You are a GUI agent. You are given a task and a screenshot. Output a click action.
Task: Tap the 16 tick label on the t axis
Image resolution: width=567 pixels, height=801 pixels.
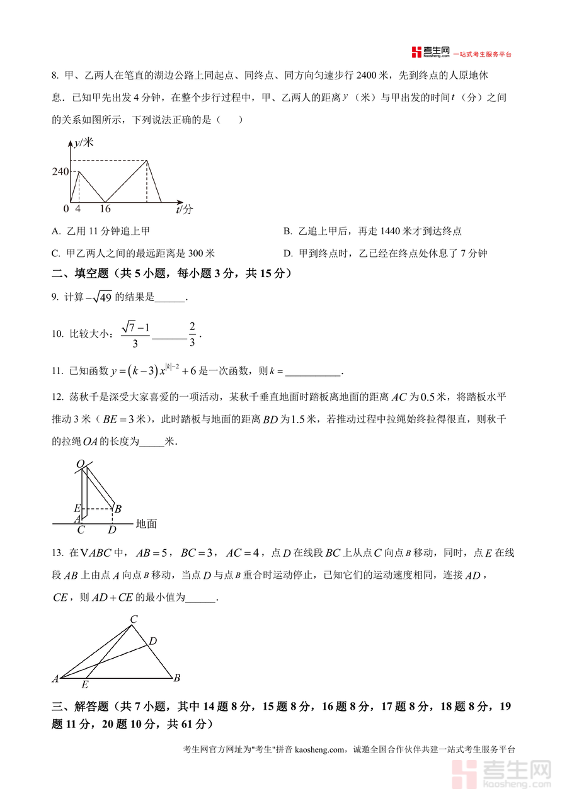[105, 209]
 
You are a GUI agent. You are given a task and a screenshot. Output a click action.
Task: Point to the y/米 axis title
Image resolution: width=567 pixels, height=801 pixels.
[83, 143]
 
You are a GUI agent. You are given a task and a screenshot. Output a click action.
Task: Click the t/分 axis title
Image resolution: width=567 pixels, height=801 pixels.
[184, 209]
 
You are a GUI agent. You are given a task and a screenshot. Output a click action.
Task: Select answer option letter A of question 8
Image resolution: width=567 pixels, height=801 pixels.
[55, 232]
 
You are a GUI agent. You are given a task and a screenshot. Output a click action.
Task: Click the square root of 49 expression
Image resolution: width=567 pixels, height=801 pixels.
[99, 297]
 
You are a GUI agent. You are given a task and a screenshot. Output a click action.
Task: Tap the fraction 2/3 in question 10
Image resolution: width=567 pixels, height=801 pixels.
[192, 334]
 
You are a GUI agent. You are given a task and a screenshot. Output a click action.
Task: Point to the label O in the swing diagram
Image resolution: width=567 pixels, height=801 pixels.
[80, 464]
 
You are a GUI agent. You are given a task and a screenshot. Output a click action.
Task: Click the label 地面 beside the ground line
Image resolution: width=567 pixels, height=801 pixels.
[146, 523]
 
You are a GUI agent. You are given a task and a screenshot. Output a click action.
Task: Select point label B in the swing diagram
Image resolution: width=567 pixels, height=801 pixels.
[118, 508]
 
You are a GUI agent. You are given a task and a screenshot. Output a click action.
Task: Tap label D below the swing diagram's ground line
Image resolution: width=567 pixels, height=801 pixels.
[112, 530]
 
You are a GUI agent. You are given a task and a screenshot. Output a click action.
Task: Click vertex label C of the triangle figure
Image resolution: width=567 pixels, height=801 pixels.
[134, 620]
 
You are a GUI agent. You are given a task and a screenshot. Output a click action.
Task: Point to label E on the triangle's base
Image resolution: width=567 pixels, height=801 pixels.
[85, 685]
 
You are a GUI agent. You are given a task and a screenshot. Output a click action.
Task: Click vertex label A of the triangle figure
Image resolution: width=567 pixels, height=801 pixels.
[55, 679]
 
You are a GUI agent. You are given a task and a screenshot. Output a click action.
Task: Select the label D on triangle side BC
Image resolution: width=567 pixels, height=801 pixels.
[152, 641]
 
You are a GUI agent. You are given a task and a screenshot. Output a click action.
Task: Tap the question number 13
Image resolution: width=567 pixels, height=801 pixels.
[57, 553]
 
